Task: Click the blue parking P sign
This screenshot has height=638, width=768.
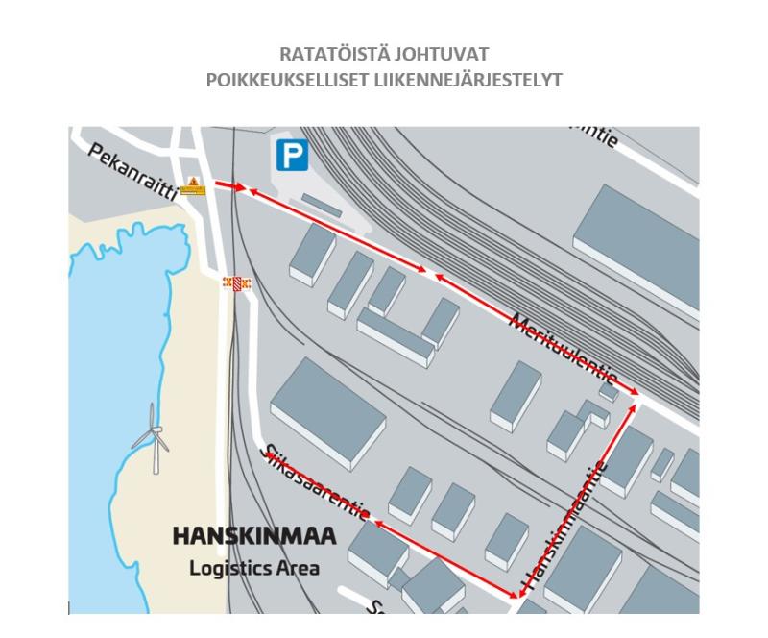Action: click(293, 155)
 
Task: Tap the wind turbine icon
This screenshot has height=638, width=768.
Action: click(152, 438)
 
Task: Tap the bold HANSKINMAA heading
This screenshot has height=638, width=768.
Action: click(253, 536)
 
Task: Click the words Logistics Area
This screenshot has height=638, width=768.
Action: click(253, 567)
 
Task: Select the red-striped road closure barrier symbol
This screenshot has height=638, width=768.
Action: click(236, 283)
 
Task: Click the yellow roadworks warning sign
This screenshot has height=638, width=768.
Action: click(193, 186)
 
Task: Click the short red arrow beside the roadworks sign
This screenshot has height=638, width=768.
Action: click(228, 185)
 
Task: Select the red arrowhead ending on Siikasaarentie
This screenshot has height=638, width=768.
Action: click(377, 524)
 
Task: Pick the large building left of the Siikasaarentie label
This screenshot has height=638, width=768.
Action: click(328, 413)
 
